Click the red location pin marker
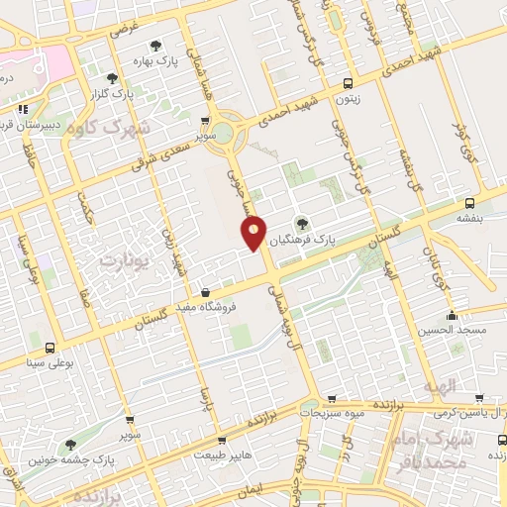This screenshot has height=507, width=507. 254,233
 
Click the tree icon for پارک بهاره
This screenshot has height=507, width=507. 155,45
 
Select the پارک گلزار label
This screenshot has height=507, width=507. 112,94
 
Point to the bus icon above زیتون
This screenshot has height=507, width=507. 347,84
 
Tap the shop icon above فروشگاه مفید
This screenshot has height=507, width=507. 204,293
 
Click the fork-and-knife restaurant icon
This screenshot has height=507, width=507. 22,109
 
